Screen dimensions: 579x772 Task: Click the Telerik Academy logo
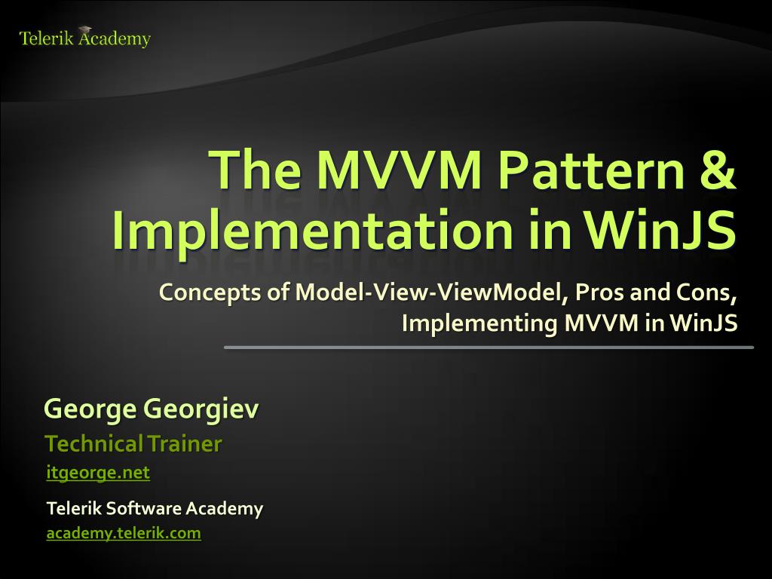(84, 38)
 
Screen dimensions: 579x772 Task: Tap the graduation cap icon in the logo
(84, 30)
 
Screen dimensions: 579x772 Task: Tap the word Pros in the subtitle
(599, 293)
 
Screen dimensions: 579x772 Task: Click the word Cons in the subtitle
(706, 293)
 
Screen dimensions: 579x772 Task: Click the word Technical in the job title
(94, 444)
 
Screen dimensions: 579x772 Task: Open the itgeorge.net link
(98, 473)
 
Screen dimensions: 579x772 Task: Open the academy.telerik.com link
(124, 533)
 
